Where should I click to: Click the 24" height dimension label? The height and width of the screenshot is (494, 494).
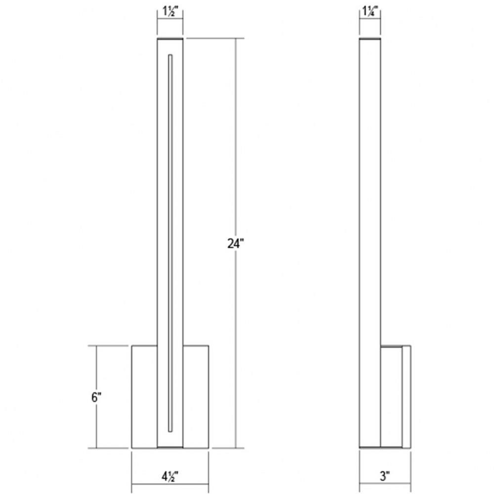point(236,244)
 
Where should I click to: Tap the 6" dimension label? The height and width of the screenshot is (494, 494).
point(96,397)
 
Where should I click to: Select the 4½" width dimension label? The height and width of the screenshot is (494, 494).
point(170,477)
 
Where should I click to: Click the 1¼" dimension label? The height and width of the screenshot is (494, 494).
point(370,11)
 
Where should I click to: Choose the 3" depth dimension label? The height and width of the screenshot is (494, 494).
point(385,476)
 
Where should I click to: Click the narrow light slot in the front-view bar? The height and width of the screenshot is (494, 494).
point(170,243)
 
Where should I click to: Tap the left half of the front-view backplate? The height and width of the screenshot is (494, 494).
point(144,397)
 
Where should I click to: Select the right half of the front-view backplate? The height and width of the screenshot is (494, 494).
point(196,397)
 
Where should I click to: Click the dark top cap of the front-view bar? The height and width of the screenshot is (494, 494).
point(170,39)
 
